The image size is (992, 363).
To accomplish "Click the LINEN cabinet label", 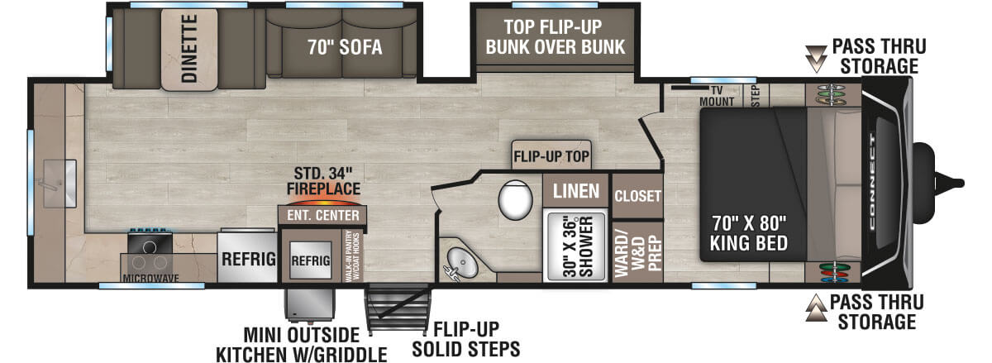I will tap(576, 192).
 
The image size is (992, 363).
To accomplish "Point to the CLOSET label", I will tap(638, 196).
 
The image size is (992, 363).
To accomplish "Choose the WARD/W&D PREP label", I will tap(638, 251).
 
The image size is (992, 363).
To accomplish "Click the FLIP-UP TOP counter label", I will tap(549, 155).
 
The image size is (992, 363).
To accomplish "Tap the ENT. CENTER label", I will tap(323, 216).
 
